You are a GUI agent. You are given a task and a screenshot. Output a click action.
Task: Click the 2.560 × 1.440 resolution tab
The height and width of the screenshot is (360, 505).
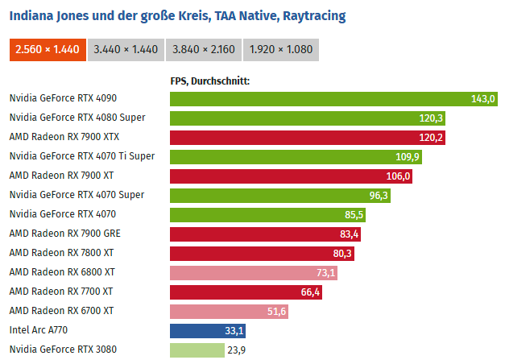click(48, 49)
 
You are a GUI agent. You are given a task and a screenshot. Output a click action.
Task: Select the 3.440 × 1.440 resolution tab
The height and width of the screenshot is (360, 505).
click(124, 49)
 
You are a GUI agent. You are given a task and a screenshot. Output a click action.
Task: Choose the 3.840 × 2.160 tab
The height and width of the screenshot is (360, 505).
click(204, 49)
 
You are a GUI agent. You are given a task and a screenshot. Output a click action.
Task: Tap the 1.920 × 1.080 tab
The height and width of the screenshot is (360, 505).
click(280, 49)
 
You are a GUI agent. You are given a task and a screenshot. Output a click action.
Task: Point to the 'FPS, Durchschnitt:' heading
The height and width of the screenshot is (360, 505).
click(209, 81)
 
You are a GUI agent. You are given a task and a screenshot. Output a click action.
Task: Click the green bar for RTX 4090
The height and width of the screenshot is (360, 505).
click(334, 98)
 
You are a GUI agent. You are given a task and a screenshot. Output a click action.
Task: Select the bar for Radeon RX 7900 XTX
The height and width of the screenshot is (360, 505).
click(308, 137)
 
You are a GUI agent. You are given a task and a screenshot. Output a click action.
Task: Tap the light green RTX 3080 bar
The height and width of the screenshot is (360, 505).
click(197, 350)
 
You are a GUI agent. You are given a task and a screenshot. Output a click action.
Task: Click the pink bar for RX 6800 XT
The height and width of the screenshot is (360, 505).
click(253, 272)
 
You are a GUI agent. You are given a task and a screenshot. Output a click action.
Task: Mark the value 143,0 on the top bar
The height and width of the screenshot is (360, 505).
click(482, 98)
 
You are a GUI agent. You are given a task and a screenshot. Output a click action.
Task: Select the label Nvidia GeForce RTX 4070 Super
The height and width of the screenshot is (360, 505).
click(77, 195)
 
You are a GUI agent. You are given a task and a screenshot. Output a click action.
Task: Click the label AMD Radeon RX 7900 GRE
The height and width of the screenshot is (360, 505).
click(65, 234)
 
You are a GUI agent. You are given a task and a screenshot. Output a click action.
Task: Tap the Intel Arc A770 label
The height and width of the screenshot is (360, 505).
click(39, 330)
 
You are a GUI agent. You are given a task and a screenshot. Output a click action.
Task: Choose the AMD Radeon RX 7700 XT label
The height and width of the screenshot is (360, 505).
click(61, 292)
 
